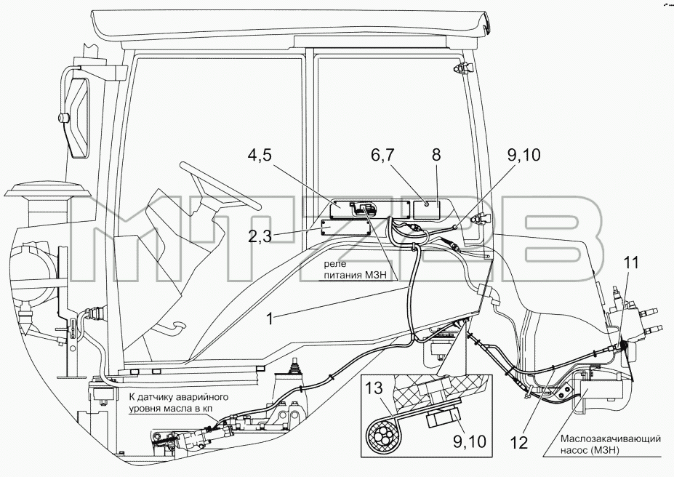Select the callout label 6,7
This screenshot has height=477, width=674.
click(x=383, y=155)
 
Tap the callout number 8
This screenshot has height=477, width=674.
click(x=436, y=154)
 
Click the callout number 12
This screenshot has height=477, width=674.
click(x=519, y=443)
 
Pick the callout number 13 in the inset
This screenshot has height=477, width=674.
click(x=374, y=388)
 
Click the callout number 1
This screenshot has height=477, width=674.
click(x=270, y=319)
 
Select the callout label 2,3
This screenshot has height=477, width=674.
click(x=260, y=236)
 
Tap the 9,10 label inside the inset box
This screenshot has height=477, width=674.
click(x=469, y=441)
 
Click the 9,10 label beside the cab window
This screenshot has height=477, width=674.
click(x=523, y=155)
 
